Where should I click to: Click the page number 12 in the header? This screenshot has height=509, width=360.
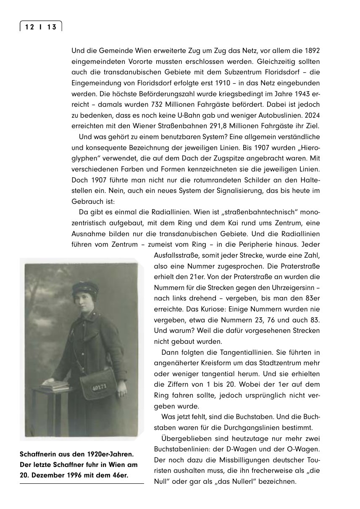click(x=29, y=27)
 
